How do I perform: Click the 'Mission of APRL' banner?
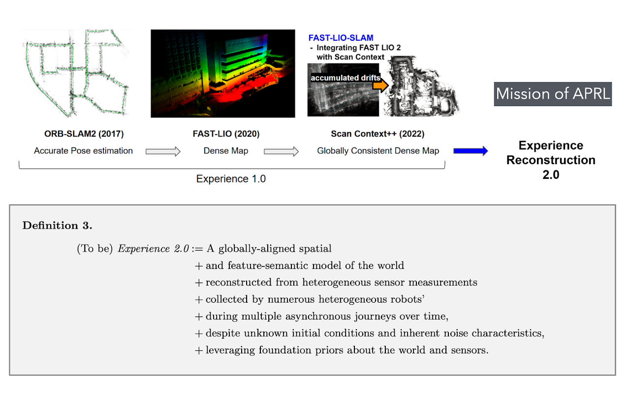[x=553, y=94]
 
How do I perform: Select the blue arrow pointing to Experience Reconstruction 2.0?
[x=470, y=151]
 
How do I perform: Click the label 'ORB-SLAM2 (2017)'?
[x=83, y=134]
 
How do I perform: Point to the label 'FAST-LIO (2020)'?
[x=225, y=134]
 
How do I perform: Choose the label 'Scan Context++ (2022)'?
[x=378, y=134]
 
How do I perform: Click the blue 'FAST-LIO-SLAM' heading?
[x=341, y=38]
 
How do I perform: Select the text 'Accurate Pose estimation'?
[x=83, y=151]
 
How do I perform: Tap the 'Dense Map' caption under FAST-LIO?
[x=225, y=151]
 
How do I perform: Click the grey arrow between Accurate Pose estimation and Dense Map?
[x=163, y=151]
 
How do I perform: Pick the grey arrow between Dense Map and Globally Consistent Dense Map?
[x=281, y=151]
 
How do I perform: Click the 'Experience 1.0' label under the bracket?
[x=231, y=179]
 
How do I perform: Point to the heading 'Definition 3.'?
[x=58, y=226]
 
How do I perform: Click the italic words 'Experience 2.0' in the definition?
[x=153, y=249]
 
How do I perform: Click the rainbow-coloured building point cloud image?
[x=222, y=74]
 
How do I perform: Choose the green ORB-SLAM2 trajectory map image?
[x=76, y=74]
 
